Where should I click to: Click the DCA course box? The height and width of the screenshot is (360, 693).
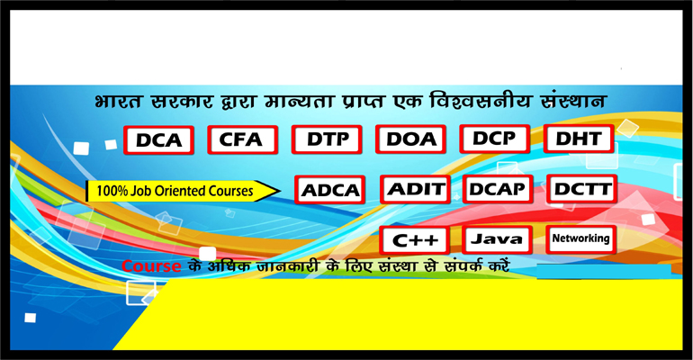point(158,140)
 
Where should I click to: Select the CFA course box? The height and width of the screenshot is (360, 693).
point(243,139)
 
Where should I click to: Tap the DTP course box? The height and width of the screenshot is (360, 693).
point(327,139)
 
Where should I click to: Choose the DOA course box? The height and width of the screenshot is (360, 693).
point(410,139)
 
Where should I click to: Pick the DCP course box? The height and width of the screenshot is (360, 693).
point(495,139)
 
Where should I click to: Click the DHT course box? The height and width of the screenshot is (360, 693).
point(579,139)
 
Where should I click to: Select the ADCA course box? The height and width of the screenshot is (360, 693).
point(329,190)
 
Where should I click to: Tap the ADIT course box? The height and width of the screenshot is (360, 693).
point(415,189)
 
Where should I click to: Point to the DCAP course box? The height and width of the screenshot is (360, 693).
point(498,189)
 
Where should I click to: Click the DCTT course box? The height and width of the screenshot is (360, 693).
point(581,189)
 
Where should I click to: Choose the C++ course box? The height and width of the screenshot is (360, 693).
point(414,240)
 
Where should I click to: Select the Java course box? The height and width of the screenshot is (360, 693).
point(497,240)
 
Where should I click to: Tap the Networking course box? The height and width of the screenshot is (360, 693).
point(580,239)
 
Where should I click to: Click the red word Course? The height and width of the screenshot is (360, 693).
point(151,265)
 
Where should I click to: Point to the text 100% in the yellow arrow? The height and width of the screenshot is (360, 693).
point(106,192)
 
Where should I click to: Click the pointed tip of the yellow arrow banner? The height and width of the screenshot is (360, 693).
point(280,191)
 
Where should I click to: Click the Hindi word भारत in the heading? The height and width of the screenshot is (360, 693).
point(118,101)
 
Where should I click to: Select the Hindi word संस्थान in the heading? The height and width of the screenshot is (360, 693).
point(571,100)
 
